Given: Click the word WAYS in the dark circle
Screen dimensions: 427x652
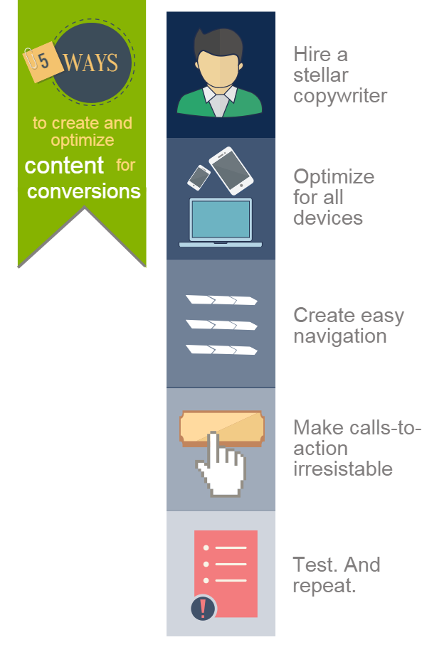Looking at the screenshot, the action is [90, 63].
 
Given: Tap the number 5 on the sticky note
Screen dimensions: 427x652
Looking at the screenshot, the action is [43, 60].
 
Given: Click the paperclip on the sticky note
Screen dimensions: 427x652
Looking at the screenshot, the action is [30, 58].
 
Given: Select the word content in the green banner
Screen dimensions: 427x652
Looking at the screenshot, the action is [63, 166].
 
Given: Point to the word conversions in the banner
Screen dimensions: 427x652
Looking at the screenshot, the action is [84, 191].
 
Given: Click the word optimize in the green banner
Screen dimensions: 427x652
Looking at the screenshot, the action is [83, 141].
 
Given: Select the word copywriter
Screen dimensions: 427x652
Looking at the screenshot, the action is [340, 96].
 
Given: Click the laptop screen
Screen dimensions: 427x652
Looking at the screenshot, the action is [221, 220].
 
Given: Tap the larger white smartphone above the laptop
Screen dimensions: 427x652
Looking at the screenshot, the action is [231, 171].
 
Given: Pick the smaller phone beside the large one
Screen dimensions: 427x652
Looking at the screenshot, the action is [199, 178].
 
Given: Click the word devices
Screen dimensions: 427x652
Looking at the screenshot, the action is [328, 218].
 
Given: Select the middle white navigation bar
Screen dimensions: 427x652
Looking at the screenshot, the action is [221, 324].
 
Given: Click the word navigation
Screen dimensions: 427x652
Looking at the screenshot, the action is [340, 336].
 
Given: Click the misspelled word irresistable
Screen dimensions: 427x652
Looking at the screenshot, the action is [343, 469].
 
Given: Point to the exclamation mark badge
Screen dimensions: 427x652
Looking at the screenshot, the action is [203, 608].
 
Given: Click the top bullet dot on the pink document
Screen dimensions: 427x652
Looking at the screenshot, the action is [206, 547].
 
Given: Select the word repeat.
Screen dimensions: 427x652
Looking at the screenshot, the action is [325, 586].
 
